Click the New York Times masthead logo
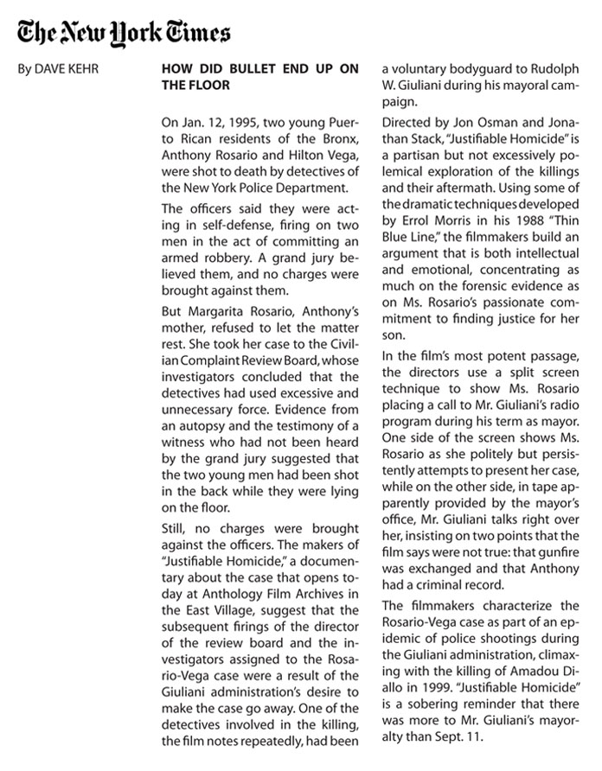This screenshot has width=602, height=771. click(125, 32)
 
